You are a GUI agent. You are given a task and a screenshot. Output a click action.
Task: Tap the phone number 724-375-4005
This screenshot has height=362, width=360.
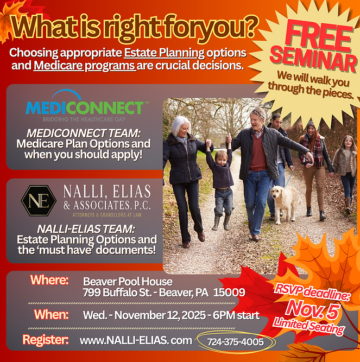point(235,341)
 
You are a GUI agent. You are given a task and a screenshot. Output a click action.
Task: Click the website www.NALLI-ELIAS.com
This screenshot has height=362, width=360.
point(136,340)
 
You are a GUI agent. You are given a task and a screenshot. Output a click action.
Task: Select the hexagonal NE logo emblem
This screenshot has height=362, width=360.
point(39,200)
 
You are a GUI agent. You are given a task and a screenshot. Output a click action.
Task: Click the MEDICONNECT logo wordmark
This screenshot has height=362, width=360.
point(85,106)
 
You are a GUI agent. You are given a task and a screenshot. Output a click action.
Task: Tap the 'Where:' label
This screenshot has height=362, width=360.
point(49,280)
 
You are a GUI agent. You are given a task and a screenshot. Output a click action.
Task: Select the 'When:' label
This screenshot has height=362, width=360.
point(51,314)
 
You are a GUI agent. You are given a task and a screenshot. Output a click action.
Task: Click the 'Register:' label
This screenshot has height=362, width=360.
point(45,340)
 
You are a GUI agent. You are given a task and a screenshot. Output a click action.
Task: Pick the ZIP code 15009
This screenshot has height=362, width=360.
point(230,293)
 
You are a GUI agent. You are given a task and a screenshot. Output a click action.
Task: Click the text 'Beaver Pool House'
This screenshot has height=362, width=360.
point(128,281)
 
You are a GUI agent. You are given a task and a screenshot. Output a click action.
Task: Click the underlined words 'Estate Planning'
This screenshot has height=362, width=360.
point(164,54)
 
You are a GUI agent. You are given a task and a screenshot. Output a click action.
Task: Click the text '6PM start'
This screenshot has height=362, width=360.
point(235,315)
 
